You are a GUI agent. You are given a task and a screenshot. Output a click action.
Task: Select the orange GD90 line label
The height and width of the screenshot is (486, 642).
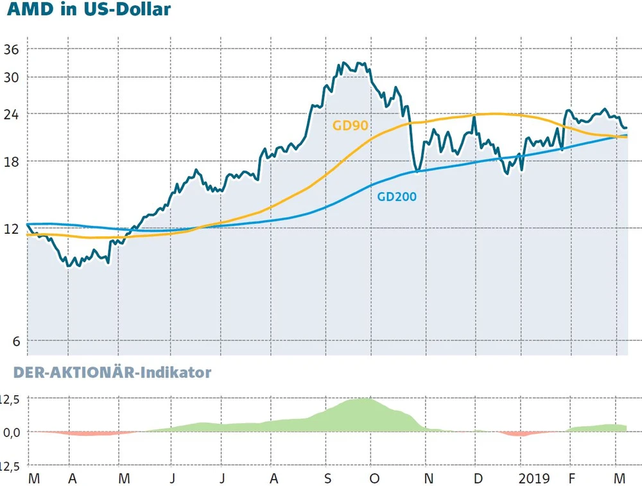(351, 125)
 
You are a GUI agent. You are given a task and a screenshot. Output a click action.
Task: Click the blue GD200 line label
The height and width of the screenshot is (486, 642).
(396, 197)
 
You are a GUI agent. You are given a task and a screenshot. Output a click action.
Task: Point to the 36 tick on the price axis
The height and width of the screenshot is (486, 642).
(12, 49)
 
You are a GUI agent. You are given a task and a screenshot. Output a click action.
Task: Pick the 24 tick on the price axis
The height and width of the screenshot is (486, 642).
(12, 114)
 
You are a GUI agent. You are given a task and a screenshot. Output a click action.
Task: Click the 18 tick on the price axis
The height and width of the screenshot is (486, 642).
(12, 161)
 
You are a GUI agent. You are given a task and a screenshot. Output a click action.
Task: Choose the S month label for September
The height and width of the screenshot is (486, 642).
(327, 478)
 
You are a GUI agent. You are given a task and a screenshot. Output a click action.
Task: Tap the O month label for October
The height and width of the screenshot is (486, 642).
(375, 478)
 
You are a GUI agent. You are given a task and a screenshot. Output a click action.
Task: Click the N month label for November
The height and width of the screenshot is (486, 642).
(429, 478)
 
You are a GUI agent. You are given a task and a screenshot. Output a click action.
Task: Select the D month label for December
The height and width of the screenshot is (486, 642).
(478, 478)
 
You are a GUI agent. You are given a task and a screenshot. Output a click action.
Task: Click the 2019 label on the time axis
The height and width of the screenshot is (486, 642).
(534, 478)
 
